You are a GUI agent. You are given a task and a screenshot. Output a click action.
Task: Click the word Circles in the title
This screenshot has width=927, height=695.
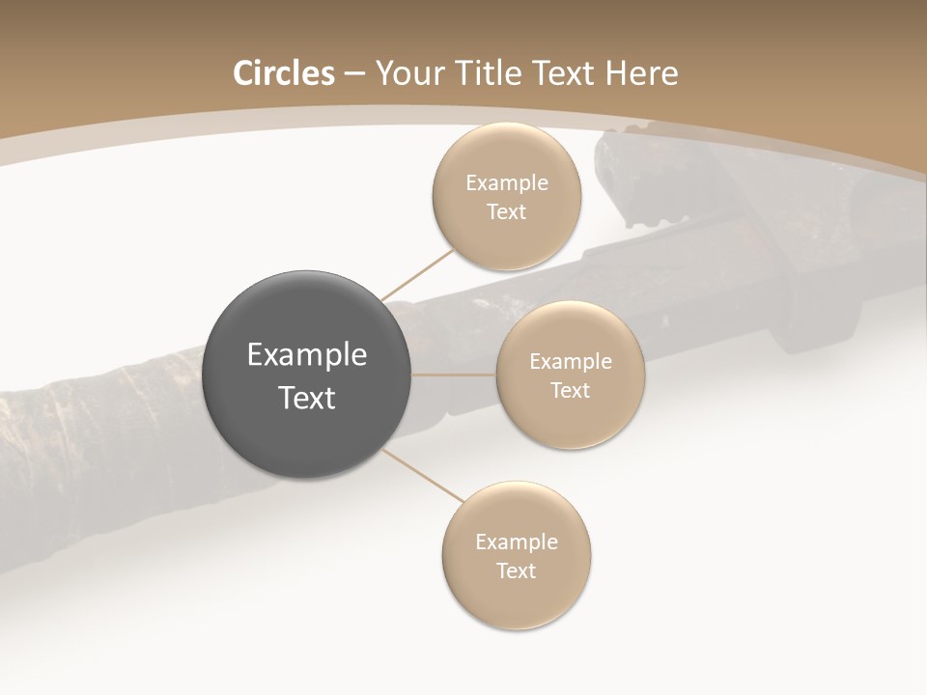pos(283,73)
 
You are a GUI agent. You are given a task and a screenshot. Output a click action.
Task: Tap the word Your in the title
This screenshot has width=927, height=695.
pos(409,73)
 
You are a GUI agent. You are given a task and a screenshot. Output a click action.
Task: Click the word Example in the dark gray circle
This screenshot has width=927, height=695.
pos(306,355)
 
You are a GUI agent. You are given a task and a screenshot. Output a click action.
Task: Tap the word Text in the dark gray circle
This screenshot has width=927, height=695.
pos(306,398)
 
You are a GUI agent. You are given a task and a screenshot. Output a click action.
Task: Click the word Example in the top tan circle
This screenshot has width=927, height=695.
pos(507,183)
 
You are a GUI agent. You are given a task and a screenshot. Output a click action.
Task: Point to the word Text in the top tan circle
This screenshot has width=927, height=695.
pos(507,212)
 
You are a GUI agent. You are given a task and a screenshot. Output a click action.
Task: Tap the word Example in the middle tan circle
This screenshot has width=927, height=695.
pos(570,362)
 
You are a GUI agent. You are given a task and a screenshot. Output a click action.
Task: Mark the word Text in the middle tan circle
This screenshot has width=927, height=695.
pos(570,391)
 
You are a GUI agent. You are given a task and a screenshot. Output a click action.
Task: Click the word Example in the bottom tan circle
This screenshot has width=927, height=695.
pos(516,542)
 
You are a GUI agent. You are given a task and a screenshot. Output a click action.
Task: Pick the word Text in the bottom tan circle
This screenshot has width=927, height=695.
pos(516,571)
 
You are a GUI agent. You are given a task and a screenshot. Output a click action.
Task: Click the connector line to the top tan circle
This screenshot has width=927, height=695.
pos(417,275)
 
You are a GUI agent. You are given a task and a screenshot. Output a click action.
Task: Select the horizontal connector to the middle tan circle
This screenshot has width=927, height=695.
pos(454,375)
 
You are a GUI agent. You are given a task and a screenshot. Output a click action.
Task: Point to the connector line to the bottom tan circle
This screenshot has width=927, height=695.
pos(423,475)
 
